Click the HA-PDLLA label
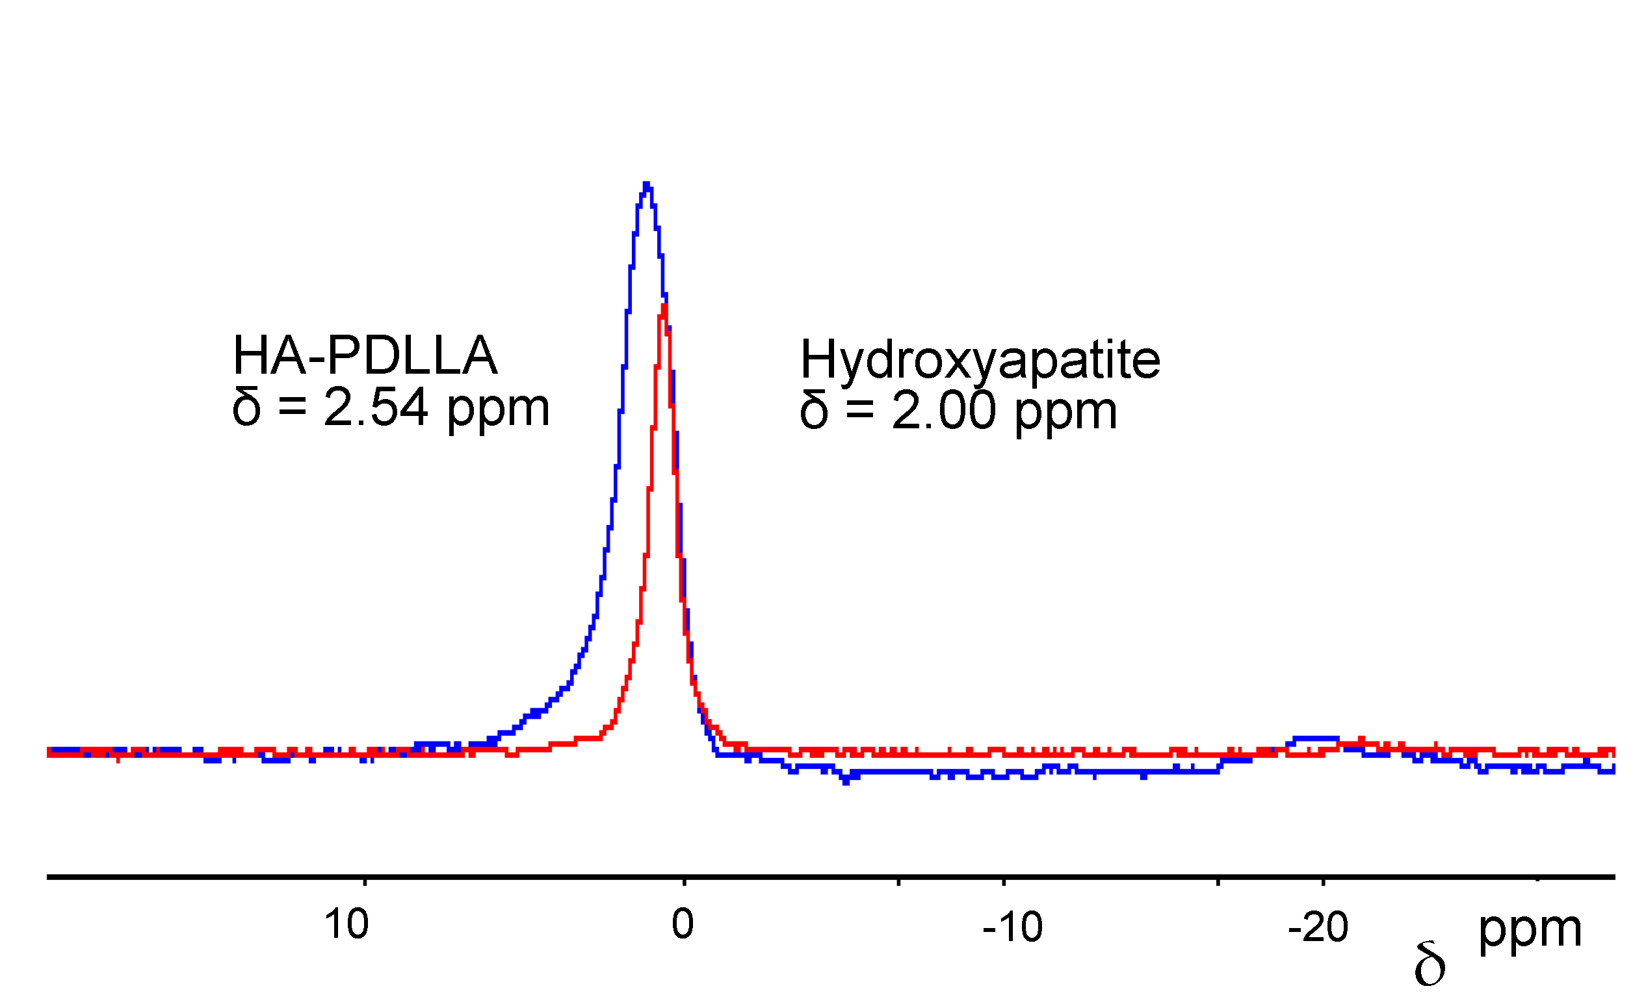pos(365,356)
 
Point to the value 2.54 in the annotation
pos(376,407)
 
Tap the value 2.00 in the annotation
pos(943,410)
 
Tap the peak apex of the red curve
pos(664,307)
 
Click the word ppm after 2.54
pos(499,409)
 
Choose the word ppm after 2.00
pos(1066,412)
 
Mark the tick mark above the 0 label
pos(684,882)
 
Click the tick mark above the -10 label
pos(1003,882)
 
